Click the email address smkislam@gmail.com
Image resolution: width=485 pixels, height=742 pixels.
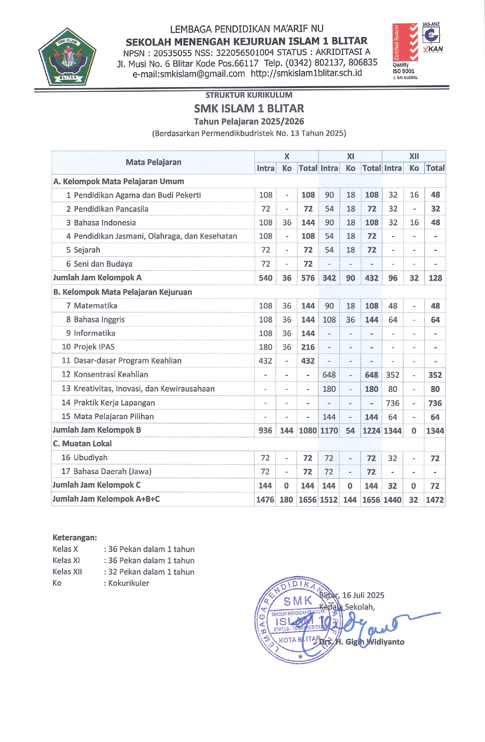click(x=189, y=74)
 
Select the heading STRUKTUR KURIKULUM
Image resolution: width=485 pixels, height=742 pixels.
click(x=249, y=95)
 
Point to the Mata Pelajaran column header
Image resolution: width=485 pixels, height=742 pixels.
click(x=153, y=162)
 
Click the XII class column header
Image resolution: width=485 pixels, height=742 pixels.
click(x=414, y=156)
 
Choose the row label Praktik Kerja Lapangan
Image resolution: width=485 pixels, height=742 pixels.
click(x=114, y=403)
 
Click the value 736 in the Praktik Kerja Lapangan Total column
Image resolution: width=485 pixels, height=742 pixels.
click(x=435, y=403)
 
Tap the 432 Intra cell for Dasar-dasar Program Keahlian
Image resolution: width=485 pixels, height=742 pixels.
click(x=266, y=361)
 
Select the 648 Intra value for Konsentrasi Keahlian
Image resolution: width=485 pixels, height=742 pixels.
click(x=329, y=375)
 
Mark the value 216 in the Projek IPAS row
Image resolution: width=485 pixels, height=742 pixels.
click(x=308, y=347)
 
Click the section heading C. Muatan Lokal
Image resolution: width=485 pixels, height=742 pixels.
click(x=82, y=444)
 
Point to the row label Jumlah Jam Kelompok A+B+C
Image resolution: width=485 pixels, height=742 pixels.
click(x=106, y=499)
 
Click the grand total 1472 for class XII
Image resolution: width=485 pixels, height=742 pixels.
click(x=435, y=499)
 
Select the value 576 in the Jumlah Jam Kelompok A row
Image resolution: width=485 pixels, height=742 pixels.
click(x=308, y=278)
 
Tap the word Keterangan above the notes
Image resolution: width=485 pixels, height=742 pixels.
click(x=75, y=538)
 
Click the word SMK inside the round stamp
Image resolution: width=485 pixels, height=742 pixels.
click(x=298, y=601)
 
